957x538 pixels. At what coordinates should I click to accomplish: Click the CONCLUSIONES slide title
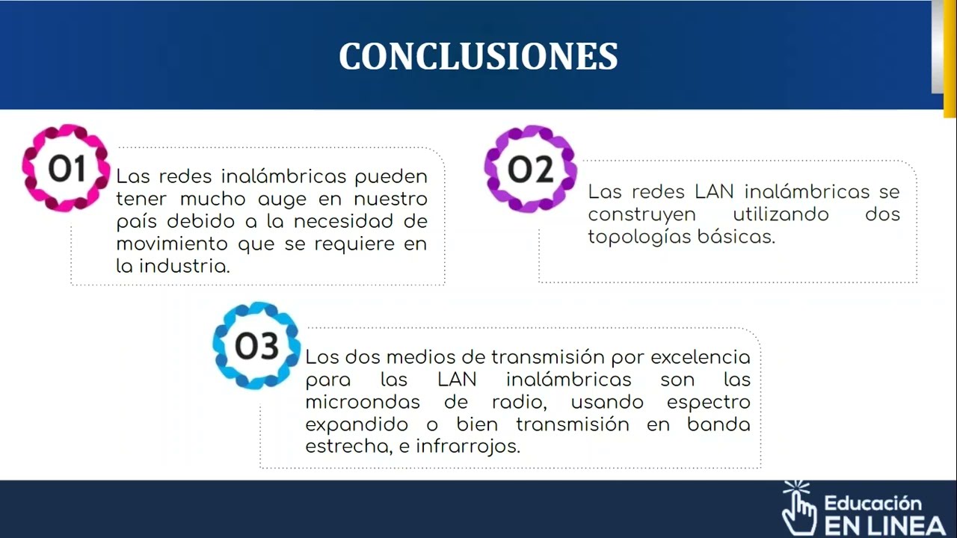pyautogui.click(x=478, y=57)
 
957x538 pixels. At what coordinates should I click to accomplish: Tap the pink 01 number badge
pyautogui.click(x=66, y=169)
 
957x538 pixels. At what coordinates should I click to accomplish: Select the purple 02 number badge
pyautogui.click(x=530, y=170)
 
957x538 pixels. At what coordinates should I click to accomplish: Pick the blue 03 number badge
pyautogui.click(x=256, y=346)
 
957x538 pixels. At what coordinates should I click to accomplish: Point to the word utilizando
pyautogui.click(x=781, y=214)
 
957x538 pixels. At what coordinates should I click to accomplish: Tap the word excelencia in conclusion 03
pyautogui.click(x=700, y=357)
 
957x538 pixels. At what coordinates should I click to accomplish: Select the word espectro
pyautogui.click(x=708, y=402)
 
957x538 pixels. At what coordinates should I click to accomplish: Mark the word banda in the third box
pyautogui.click(x=718, y=424)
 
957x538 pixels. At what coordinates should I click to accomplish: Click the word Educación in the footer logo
pyautogui.click(x=873, y=503)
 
